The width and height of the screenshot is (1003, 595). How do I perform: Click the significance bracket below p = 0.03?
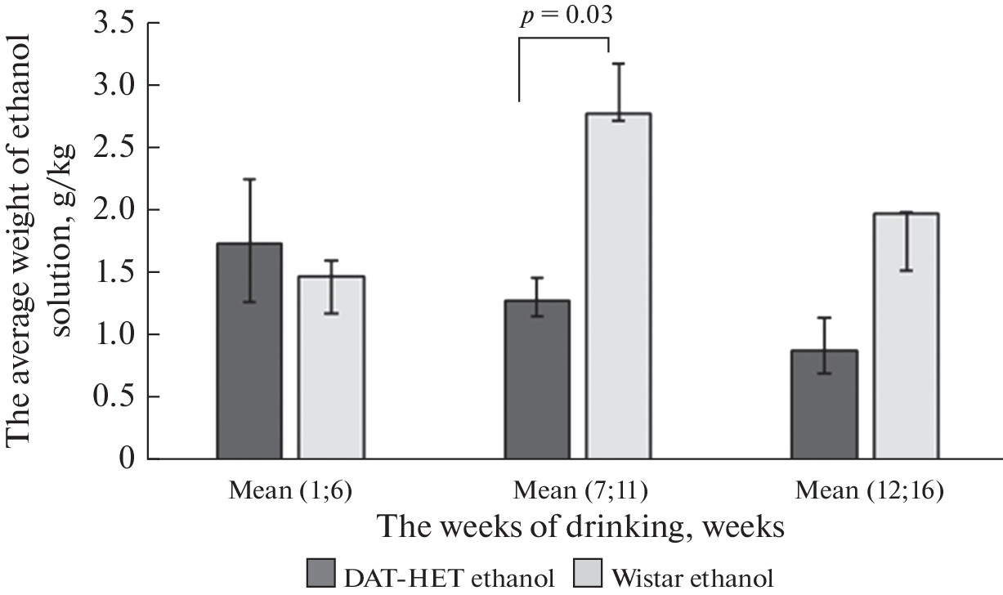[x=565, y=38]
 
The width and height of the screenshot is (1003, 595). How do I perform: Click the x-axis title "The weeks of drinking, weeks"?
[x=582, y=527]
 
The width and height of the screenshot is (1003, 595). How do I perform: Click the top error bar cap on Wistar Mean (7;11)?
[x=619, y=64]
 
